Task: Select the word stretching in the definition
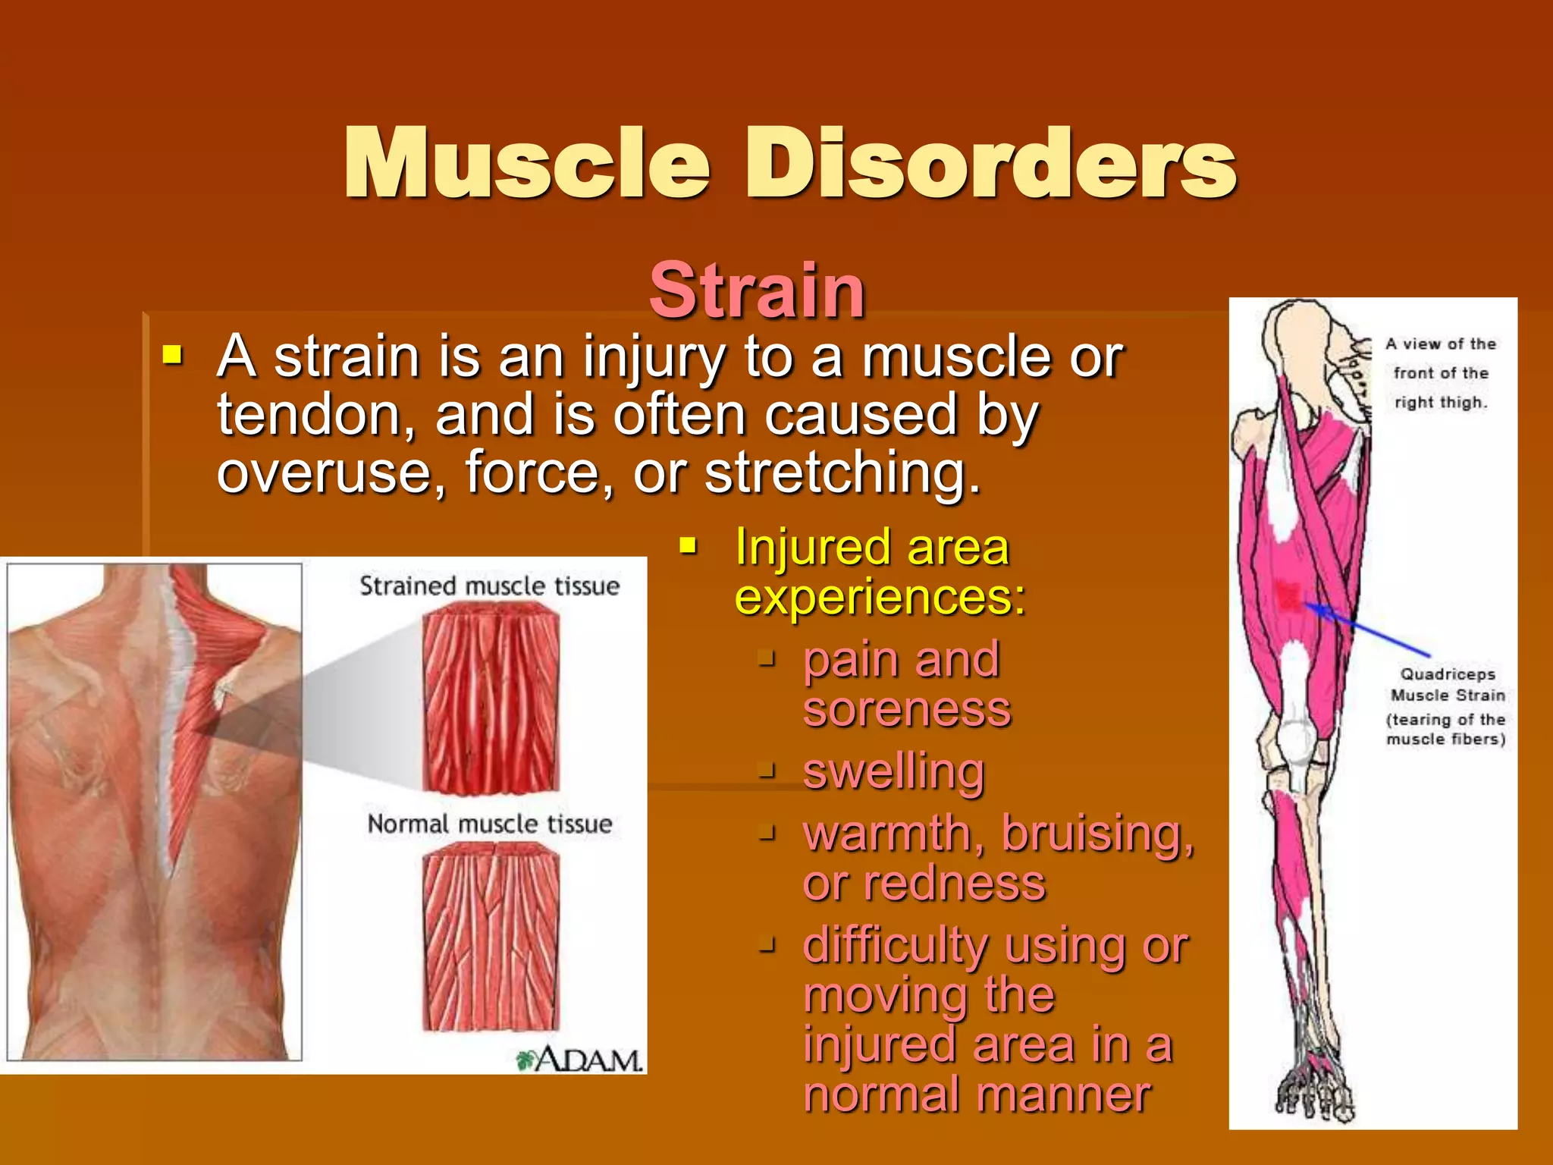[x=842, y=473]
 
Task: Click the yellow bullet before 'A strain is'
[x=173, y=354]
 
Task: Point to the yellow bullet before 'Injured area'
[x=688, y=545]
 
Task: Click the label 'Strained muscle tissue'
[x=489, y=586]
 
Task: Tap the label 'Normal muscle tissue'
[x=489, y=824]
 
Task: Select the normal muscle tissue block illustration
[x=491, y=937]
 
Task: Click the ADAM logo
[x=580, y=1060]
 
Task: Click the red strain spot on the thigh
[x=1288, y=595]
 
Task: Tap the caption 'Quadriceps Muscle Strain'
[x=1447, y=684]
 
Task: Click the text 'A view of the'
[x=1441, y=344]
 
